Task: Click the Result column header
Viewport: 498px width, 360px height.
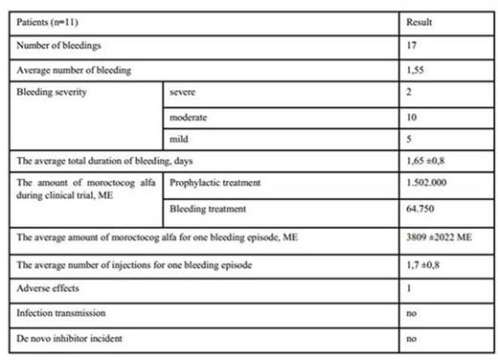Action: [x=419, y=21]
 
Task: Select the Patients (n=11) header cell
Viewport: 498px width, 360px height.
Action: [x=47, y=21]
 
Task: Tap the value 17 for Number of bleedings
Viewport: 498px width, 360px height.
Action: [x=412, y=45]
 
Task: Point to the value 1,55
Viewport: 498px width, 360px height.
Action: [x=416, y=69]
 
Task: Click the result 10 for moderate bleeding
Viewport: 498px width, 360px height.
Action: [x=412, y=117]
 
